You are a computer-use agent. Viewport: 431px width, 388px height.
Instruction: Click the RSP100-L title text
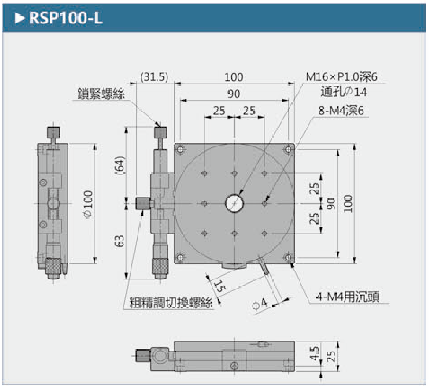tap(65, 18)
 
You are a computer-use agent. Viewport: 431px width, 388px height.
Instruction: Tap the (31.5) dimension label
tap(154, 77)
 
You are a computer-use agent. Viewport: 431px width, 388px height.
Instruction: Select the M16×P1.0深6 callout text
tap(342, 77)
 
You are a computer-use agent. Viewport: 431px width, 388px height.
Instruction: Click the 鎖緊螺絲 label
tap(101, 94)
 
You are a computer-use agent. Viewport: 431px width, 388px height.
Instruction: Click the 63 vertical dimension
tap(119, 241)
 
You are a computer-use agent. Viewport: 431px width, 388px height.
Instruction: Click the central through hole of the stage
tap(234, 203)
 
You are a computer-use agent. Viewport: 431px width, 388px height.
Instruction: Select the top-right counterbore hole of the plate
tap(288, 149)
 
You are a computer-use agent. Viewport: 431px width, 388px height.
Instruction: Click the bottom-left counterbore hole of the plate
tap(180, 257)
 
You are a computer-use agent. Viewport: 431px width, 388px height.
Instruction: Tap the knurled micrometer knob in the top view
tap(161, 266)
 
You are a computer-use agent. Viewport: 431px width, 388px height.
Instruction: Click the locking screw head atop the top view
tap(161, 132)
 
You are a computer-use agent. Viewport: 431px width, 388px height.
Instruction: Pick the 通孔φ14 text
tap(343, 92)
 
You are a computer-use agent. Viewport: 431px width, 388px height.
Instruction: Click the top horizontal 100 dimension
tap(234, 77)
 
